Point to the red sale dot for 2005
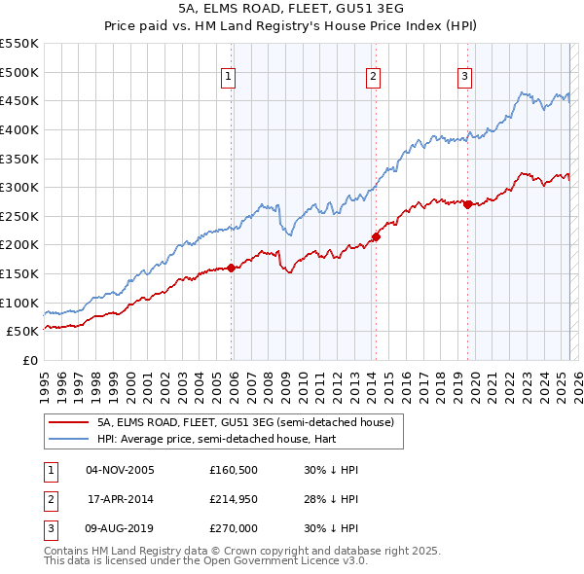[x=231, y=268]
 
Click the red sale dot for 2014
[x=376, y=236]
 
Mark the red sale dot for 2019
[x=467, y=204]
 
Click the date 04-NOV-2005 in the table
[x=120, y=470]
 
